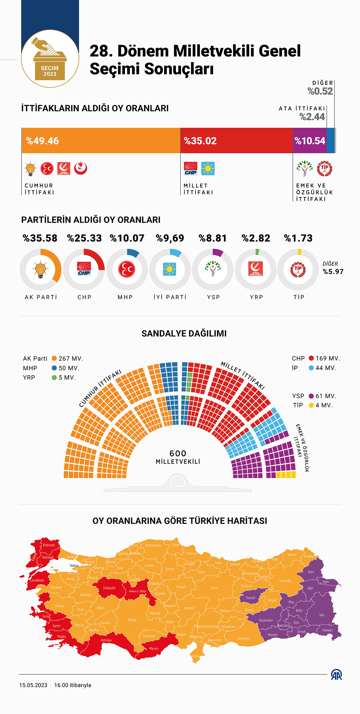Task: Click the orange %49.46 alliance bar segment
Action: (x=101, y=140)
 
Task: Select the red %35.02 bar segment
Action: (x=236, y=140)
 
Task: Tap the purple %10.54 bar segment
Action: (x=309, y=140)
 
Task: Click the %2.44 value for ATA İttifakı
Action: (x=312, y=117)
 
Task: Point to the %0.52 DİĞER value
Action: (x=320, y=91)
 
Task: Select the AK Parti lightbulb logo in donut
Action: (x=40, y=269)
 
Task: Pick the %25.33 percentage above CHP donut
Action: (x=84, y=238)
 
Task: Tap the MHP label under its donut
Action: (x=125, y=297)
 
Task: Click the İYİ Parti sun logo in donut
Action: (x=169, y=269)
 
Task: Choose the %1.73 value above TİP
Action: (x=298, y=238)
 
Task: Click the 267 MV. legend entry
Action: (x=71, y=358)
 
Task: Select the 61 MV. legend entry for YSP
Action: (x=326, y=396)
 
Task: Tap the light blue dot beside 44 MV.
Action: (x=311, y=368)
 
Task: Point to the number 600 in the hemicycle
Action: (x=178, y=453)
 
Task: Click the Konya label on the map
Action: (x=132, y=620)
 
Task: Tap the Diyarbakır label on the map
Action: (x=266, y=620)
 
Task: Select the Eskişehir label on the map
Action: (x=109, y=588)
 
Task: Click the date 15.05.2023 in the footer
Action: (x=33, y=685)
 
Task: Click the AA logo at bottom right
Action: (x=336, y=675)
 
